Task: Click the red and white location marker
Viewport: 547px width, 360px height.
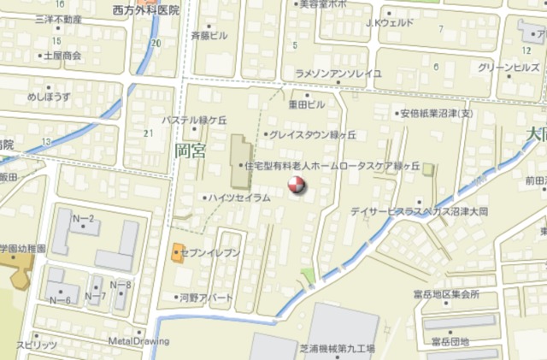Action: coord(295,183)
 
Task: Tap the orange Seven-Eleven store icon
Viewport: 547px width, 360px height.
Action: coord(178,252)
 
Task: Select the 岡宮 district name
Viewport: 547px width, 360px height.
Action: coord(190,151)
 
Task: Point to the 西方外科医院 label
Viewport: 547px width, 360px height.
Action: coord(145,10)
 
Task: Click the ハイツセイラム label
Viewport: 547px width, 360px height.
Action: coord(240,198)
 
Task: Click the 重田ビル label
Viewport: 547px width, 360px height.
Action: coord(306,103)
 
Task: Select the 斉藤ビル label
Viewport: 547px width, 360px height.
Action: coord(209,36)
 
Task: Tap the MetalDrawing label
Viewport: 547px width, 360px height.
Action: coord(138,340)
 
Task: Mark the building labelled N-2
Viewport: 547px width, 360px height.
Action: coord(83,220)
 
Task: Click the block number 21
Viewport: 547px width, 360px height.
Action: coord(149,133)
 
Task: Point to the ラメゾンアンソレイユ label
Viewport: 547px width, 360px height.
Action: coord(338,74)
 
